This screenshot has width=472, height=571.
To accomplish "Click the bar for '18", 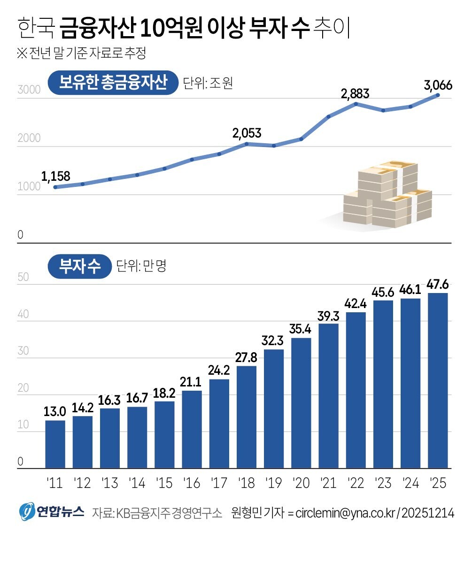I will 247,417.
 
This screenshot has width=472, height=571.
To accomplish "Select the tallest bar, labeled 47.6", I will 438,380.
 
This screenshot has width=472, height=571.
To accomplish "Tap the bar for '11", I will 55,444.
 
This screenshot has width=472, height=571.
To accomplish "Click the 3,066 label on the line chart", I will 438,85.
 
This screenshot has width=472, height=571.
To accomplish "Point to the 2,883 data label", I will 355,93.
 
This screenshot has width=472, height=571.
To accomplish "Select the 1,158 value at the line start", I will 55,177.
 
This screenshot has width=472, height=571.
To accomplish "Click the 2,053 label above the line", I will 247,133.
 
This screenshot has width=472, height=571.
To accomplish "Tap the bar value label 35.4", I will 301,329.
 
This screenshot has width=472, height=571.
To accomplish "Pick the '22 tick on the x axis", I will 356,483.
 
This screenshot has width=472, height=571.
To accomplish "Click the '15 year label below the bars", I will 164,483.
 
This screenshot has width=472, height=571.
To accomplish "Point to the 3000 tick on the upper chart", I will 29,90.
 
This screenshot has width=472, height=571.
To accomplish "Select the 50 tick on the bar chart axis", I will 23,277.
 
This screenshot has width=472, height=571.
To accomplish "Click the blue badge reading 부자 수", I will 79,267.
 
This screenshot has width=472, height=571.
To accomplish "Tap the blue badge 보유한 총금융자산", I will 113,83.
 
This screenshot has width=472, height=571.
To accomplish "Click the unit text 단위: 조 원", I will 208,84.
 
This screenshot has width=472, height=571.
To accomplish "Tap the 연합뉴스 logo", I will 52,511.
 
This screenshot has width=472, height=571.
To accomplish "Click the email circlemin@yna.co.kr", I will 345,513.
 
